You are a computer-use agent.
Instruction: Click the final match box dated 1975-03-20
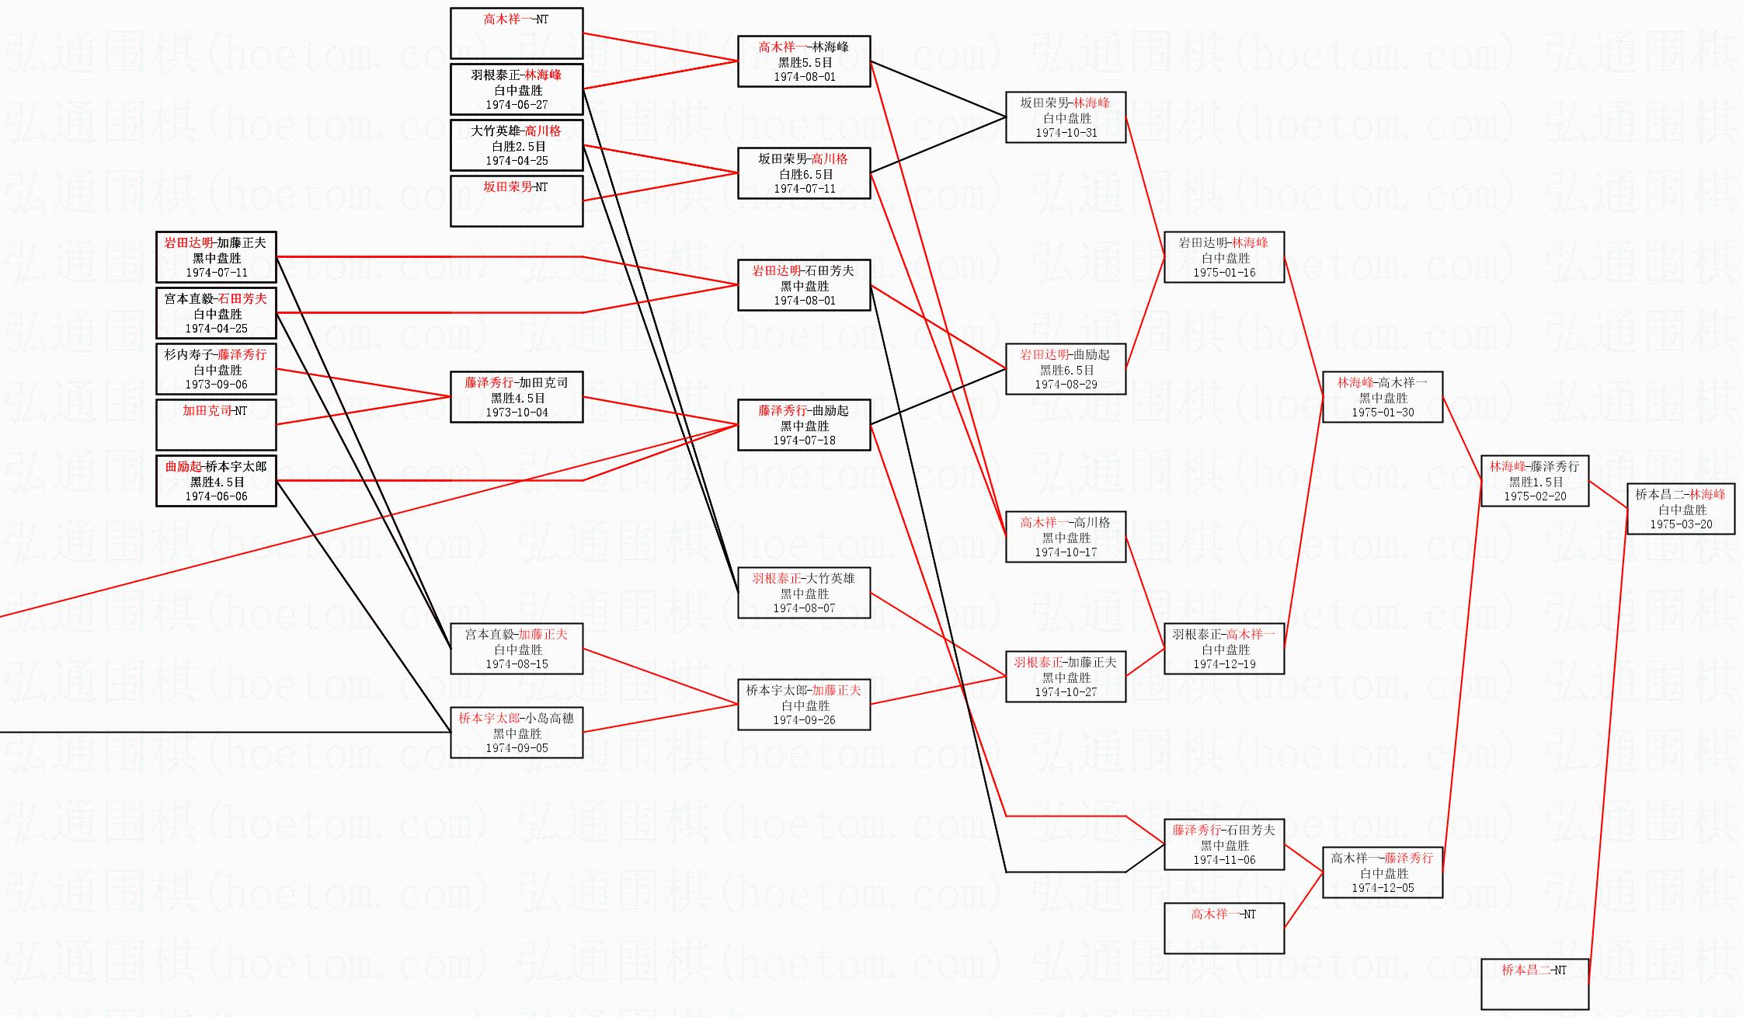(1681, 509)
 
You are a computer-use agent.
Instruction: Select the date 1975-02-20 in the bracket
(1535, 496)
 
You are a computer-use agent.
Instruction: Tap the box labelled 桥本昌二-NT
(1534, 984)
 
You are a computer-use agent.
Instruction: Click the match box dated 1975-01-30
(1383, 397)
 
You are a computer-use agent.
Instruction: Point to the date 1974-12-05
(1383, 888)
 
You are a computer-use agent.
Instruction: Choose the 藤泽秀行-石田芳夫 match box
(1224, 845)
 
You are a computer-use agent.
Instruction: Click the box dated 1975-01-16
(1224, 257)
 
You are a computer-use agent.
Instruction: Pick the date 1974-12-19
(1224, 664)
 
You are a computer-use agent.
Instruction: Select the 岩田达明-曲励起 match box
(1066, 369)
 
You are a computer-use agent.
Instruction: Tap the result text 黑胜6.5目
(1066, 371)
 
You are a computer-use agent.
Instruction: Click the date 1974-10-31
(1066, 133)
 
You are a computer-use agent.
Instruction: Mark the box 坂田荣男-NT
(517, 200)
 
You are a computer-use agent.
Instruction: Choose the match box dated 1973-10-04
(517, 397)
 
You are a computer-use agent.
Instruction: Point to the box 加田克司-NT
(216, 424)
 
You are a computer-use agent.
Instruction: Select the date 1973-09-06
(216, 385)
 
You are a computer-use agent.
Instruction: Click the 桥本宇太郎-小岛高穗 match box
(517, 733)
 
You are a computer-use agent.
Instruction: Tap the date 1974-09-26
(804, 720)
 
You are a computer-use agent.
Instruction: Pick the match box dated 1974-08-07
(804, 593)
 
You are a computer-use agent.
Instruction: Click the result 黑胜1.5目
(1535, 482)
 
